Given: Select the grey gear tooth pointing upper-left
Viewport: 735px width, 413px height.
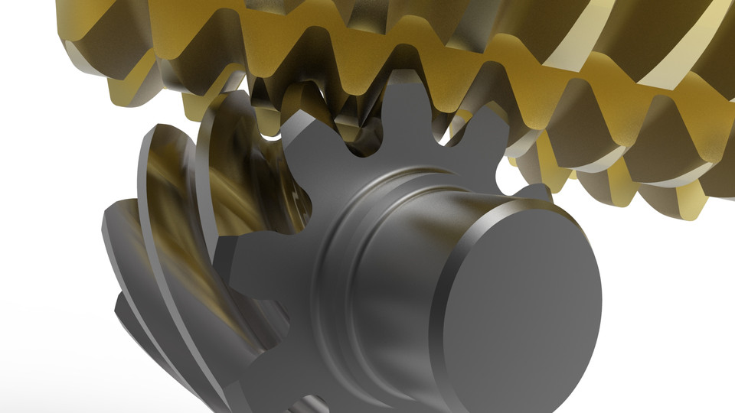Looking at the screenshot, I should coord(302,130).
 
